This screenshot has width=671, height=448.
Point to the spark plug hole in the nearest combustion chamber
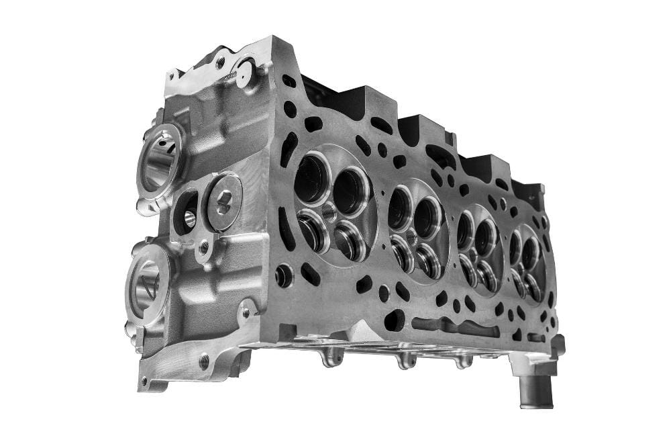click(x=328, y=213)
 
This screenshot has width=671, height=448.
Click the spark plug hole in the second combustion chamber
click(x=411, y=236)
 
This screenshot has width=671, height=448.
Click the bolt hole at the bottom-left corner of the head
click(x=204, y=360)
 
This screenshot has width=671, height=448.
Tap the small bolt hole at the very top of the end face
click(x=220, y=62)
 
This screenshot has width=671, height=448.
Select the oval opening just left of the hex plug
click(x=188, y=212)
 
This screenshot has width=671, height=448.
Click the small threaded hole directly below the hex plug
click(x=204, y=249)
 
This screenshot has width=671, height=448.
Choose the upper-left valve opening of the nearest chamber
click(x=311, y=177)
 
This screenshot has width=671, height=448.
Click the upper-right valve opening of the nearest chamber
click(x=350, y=191)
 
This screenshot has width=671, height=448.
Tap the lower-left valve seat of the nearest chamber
click(x=313, y=230)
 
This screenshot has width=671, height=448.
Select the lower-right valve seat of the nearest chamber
click(x=350, y=241)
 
